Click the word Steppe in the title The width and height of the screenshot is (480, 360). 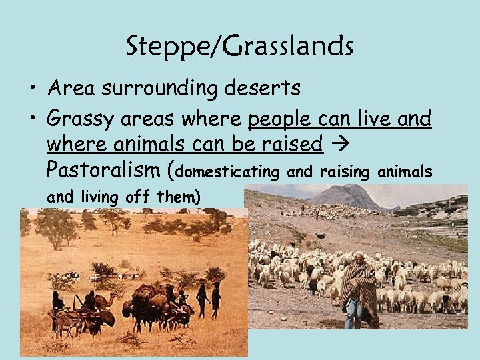[x=157, y=47]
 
